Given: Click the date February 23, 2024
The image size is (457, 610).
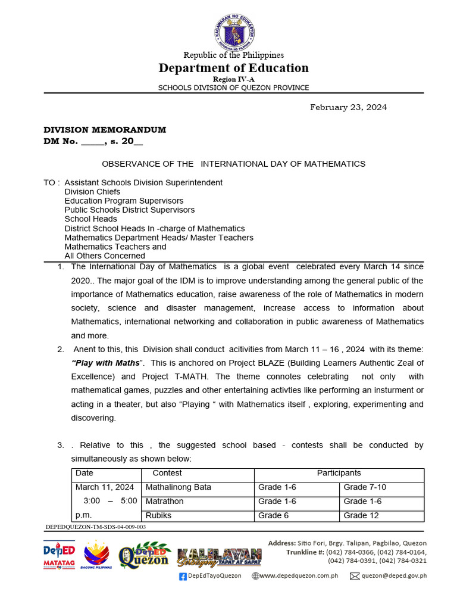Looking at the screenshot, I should [348, 107].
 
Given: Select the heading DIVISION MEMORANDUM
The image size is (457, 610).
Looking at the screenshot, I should [105, 130].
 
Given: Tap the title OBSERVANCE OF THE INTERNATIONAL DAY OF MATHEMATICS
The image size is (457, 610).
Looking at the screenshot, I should [233, 164].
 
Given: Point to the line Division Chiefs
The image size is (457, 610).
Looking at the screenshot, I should [92, 192].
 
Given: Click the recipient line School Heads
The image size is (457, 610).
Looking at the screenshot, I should [90, 219].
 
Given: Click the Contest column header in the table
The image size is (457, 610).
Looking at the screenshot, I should [167, 473].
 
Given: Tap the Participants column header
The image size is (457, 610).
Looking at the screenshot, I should [339, 473].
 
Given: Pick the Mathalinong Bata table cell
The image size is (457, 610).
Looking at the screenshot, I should [179, 487].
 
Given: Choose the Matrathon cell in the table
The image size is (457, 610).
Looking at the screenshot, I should [165, 502].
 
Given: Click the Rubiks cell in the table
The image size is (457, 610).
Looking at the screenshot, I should [158, 516].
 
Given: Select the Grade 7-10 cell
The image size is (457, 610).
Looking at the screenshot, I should [365, 487].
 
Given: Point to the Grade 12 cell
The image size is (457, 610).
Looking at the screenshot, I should [361, 516].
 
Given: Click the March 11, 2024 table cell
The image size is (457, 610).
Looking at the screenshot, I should [105, 487].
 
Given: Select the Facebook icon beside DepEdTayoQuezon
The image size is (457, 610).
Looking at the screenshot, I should [183, 576].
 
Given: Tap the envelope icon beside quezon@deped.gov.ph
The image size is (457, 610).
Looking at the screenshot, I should [355, 576].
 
